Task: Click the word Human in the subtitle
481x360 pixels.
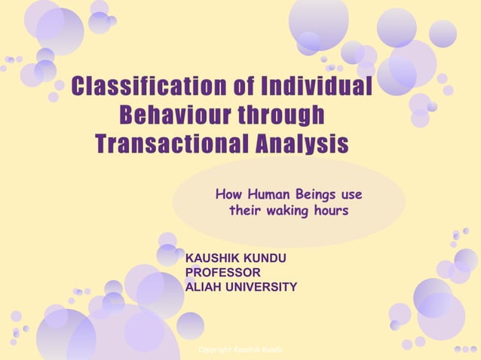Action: (265, 194)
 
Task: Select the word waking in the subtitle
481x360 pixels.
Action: (289, 211)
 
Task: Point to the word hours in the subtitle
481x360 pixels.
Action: (332, 211)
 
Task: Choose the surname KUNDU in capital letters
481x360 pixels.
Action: (266, 258)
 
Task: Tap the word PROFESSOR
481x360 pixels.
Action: (223, 272)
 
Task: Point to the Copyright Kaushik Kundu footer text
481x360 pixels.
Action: (240, 350)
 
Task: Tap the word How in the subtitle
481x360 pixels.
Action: (228, 194)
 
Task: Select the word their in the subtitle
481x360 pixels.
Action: (246, 211)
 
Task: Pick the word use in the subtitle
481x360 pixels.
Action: (351, 194)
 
